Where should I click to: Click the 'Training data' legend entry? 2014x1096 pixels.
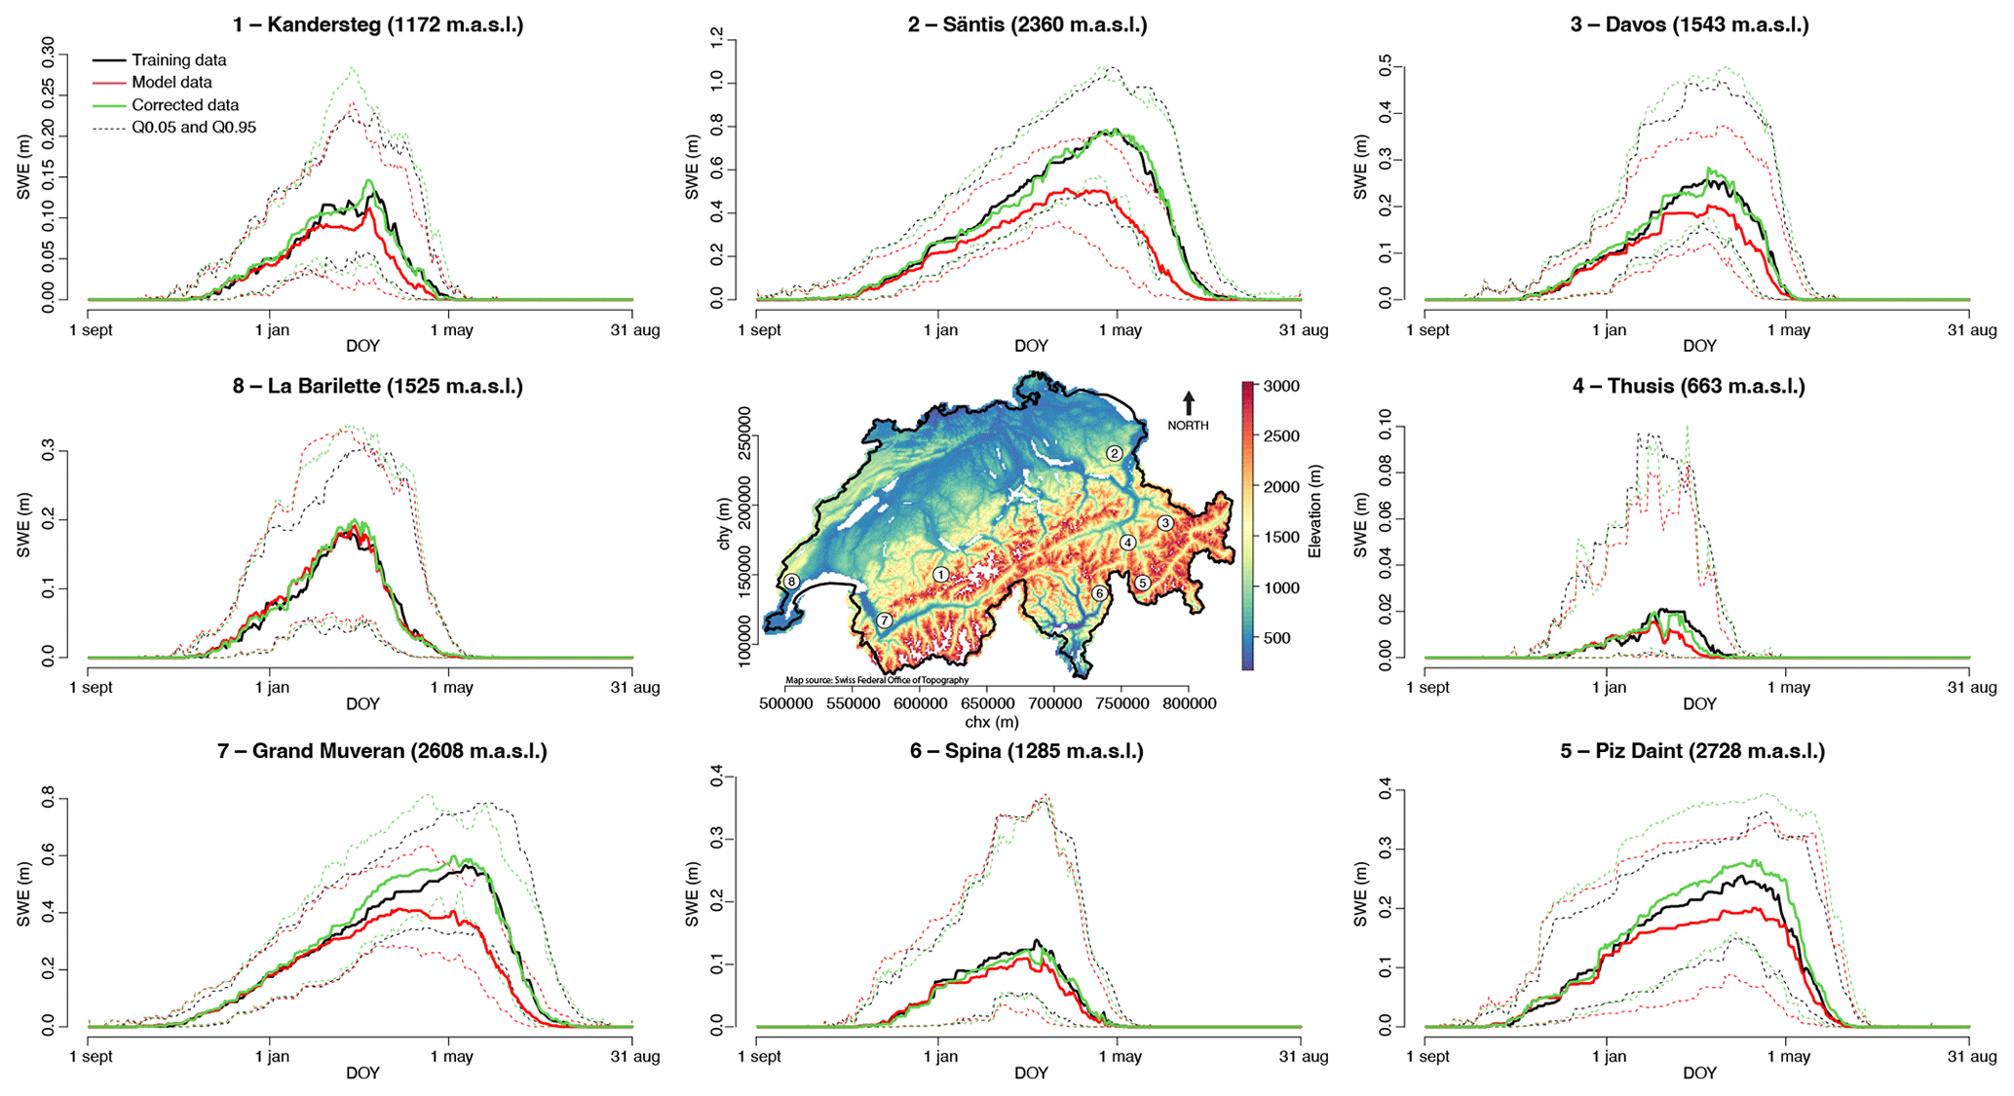178,60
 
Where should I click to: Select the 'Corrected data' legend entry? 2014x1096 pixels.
184,105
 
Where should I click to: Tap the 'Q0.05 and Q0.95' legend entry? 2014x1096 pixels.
193,128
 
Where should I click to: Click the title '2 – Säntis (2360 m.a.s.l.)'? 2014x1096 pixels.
1027,25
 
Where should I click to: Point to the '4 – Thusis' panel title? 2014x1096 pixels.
1688,387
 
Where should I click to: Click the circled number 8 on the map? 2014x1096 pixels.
791,582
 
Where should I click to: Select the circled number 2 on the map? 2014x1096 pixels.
1115,453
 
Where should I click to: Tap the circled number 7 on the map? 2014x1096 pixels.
884,621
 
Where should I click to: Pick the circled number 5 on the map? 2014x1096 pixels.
1143,583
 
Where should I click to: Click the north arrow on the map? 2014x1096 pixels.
1189,402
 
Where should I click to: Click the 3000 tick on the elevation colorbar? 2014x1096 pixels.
1281,387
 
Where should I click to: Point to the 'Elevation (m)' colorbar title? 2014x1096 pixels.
1315,511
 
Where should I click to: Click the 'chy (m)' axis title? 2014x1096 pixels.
724,523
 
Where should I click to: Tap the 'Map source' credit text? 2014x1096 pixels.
877,680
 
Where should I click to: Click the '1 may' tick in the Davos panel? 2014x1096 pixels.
1789,330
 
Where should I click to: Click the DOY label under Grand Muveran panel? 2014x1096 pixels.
362,1073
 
